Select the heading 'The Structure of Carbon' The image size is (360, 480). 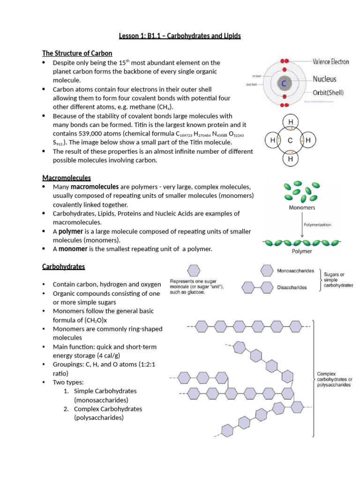[x=77, y=53]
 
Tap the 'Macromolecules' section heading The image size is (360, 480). [x=67, y=178]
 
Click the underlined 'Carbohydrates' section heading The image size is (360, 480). [x=64, y=266]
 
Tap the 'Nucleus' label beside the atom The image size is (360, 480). [x=324, y=79]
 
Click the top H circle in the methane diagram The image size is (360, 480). [x=291, y=123]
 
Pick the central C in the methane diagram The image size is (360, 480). [x=290, y=141]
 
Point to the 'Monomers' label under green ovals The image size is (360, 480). [x=302, y=207]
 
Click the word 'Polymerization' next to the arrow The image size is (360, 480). [x=317, y=225]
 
